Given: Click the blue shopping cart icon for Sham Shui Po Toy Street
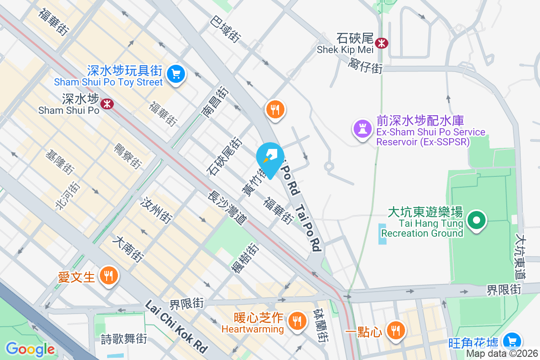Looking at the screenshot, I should (175, 75).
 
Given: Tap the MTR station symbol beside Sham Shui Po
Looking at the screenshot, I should (107, 104).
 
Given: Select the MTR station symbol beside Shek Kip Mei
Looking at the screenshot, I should (382, 43).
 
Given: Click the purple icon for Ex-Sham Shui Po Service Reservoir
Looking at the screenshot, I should (362, 129).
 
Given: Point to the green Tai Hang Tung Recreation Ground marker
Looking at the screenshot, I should (477, 221).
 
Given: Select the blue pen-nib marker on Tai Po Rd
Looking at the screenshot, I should (270, 158).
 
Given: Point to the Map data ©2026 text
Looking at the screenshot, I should (502, 353).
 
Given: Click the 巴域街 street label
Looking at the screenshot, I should (225, 28).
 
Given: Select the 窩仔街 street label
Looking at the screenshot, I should (365, 66).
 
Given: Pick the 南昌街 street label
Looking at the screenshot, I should (216, 103).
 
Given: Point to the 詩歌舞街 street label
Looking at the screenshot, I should (124, 338).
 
